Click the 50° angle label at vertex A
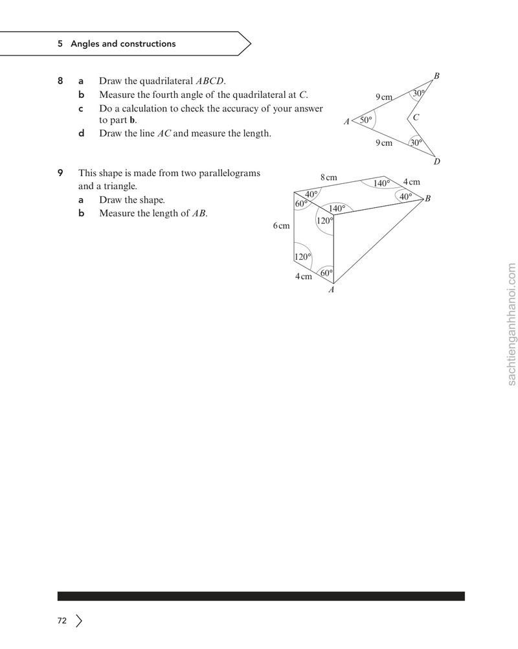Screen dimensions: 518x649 [366, 120]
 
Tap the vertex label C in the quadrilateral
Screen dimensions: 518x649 [416, 117]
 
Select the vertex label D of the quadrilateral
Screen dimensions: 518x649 [437, 161]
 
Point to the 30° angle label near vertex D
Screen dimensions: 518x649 [416, 142]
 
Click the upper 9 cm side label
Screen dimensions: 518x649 [384, 97]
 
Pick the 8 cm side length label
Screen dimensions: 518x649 [329, 177]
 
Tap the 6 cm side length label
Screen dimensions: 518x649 [282, 226]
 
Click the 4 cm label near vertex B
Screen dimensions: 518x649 [412, 182]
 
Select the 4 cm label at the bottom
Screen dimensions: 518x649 [303, 277]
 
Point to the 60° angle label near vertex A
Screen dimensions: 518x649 [326, 273]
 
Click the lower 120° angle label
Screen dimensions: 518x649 [302, 256]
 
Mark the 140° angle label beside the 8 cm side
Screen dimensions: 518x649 [382, 183]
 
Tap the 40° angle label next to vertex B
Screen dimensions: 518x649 [406, 197]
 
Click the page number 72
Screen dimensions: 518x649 [62, 621]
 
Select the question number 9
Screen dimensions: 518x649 [60, 172]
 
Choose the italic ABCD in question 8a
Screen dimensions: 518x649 [210, 81]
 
